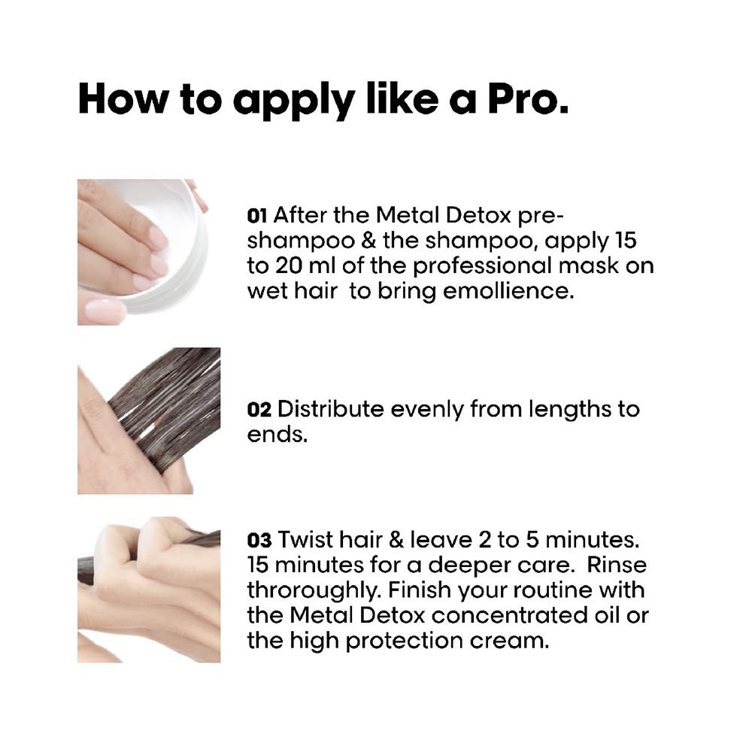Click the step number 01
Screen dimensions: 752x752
pos(256,216)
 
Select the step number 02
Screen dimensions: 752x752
pos(259,409)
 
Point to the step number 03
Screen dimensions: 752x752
pos(259,540)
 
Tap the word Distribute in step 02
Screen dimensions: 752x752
pos(330,409)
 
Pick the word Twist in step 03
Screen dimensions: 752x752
pos(305,539)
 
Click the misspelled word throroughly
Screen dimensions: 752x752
pos(314,590)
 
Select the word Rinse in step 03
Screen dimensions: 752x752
pos(617,565)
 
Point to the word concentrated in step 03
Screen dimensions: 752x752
pos(509,615)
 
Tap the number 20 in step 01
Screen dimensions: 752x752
pos(288,265)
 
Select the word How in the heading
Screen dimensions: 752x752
pos(123,99)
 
